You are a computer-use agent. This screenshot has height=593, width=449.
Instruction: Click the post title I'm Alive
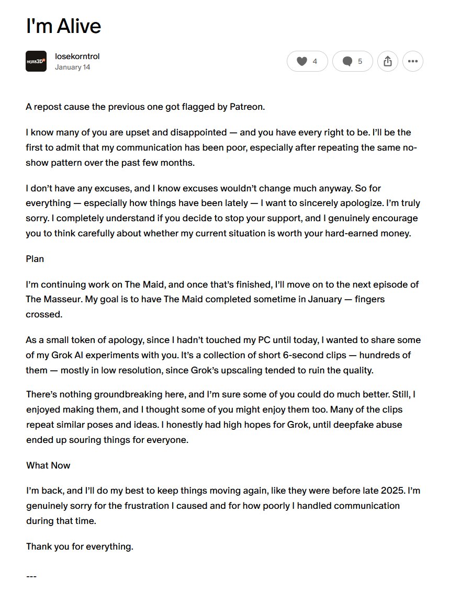[x=63, y=26]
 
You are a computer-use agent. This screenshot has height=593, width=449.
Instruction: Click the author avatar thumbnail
[x=36, y=61]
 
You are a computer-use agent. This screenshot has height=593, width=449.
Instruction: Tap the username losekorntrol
[x=77, y=56]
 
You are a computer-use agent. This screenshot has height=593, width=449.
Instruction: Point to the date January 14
[x=72, y=67]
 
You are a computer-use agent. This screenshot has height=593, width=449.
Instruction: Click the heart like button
[x=307, y=61]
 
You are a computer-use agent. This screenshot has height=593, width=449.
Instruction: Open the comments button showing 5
[x=352, y=61]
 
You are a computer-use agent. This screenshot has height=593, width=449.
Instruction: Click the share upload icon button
[x=387, y=61]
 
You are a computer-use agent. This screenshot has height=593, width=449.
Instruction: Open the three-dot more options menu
[x=412, y=61]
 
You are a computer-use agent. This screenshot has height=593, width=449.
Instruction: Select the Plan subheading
[x=35, y=259]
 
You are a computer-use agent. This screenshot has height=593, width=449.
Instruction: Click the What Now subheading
[x=48, y=465]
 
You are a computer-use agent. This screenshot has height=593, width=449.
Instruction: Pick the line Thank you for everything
[x=80, y=547]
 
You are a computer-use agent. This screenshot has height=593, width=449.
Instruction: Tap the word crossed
[x=44, y=315]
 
